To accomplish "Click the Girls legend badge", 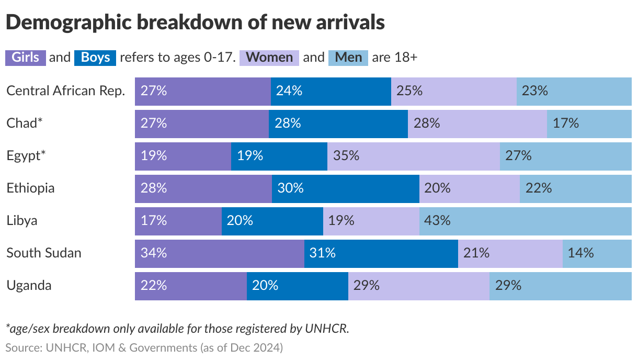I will point(26,57).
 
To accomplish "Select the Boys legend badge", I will point(95,57).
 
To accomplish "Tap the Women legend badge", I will point(269,57).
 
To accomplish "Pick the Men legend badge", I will point(348,57).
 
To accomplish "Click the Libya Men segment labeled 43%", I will point(525,220).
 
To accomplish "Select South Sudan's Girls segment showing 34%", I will point(220,253).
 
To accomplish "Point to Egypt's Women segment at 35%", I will point(413,155).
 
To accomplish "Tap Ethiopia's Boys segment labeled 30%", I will point(345,188).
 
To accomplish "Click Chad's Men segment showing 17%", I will point(589,123).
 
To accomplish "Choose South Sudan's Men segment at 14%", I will point(597,253).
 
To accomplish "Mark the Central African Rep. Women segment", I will point(453,91).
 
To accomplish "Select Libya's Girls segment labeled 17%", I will point(178,220).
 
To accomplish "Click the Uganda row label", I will point(29,286).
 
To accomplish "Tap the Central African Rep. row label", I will point(65,91).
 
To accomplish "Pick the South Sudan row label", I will point(44,253).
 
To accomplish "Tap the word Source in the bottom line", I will point(23,347).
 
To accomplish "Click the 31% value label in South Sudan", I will point(322,253).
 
